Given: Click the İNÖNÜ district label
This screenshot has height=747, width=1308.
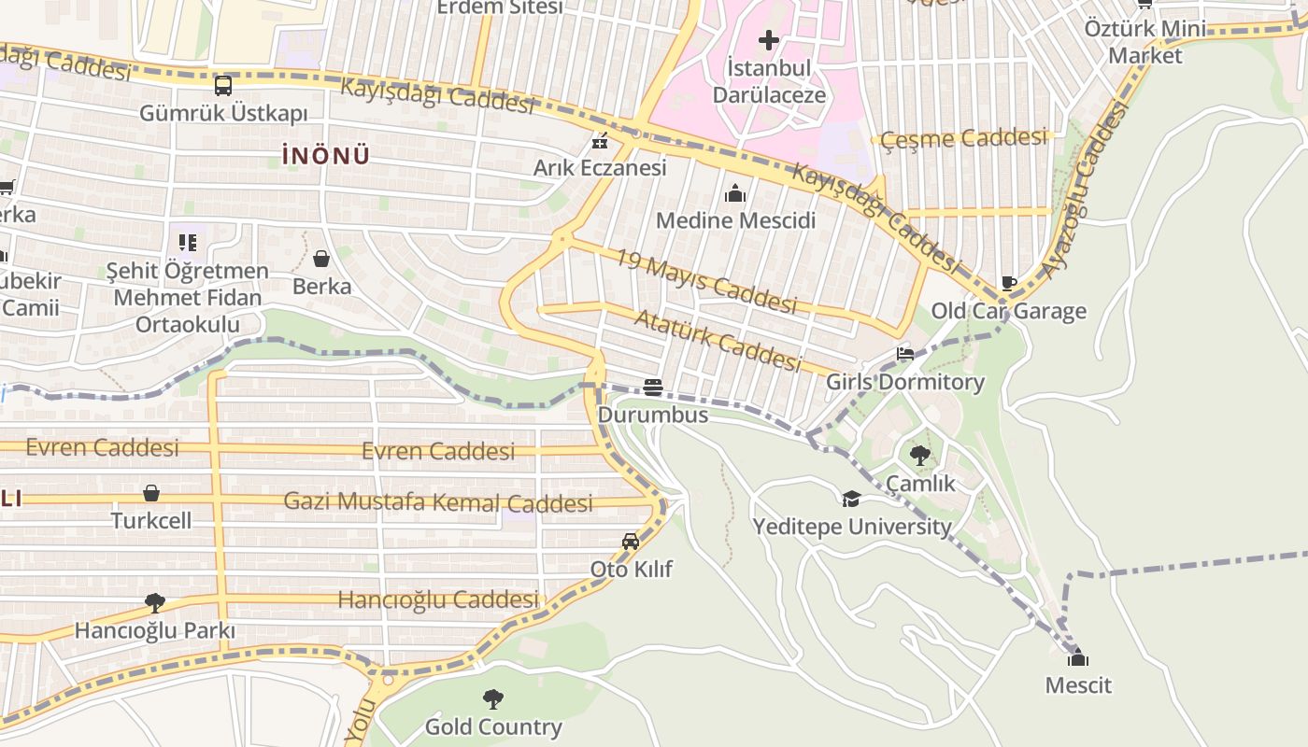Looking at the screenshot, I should (325, 156).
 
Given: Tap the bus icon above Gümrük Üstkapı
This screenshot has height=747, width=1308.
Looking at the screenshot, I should (223, 86).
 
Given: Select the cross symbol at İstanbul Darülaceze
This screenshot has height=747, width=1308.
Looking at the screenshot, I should (768, 40).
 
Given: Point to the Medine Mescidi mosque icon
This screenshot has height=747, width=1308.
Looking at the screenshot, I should (735, 194).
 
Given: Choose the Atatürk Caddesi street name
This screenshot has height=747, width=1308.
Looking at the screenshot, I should (718, 340).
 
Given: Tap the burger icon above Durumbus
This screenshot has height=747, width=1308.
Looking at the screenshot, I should (653, 388).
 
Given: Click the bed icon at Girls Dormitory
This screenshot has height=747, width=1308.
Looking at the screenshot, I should (904, 355).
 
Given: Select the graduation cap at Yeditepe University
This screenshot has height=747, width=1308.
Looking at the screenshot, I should (851, 500).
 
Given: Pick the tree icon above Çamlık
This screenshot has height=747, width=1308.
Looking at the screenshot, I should (920, 456).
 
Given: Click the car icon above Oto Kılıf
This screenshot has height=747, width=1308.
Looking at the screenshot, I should (631, 542).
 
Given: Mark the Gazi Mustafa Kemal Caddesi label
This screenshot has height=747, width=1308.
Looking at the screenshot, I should (438, 501).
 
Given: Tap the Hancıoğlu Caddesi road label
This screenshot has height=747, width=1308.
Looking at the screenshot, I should (438, 599).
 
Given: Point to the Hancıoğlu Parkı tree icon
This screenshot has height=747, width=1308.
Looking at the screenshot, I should (155, 603).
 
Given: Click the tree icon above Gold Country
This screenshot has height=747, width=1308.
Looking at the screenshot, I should (493, 699).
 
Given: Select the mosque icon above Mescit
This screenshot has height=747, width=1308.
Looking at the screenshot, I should (1078, 658).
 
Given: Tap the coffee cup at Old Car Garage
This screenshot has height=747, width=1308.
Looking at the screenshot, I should (1009, 283).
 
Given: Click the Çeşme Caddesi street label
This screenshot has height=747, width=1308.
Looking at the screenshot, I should (963, 139).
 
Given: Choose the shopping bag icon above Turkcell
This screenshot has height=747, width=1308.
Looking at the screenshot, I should (151, 493).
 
